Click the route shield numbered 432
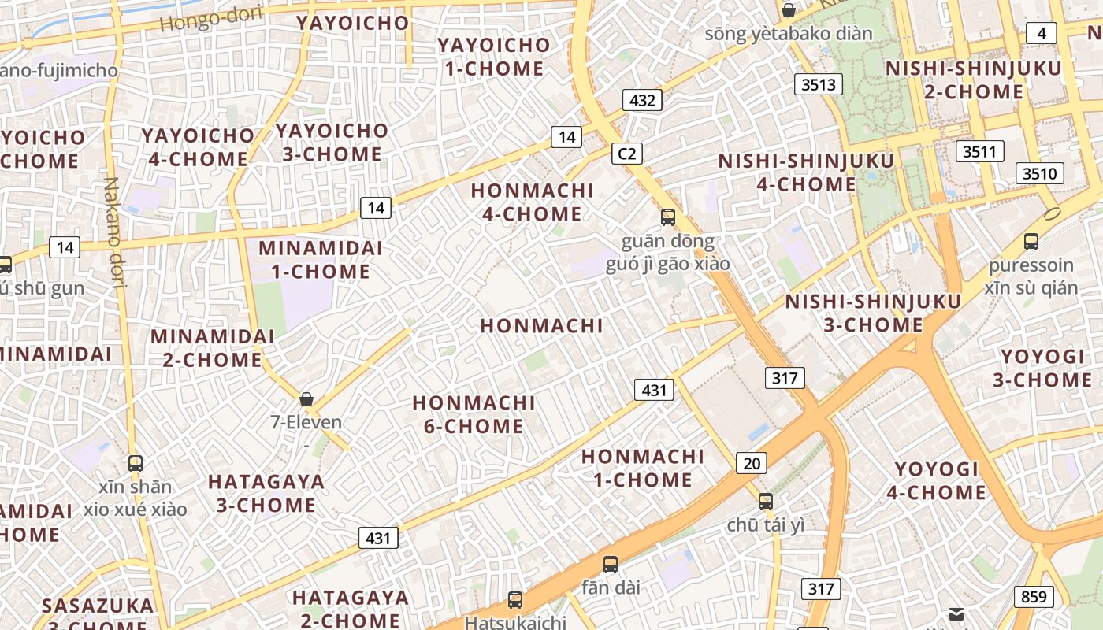click(642, 100)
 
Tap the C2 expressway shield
click(627, 154)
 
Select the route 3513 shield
click(819, 84)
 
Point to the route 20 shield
click(752, 463)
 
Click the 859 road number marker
click(1033, 596)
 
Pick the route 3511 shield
click(979, 151)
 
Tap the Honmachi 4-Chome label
click(532, 202)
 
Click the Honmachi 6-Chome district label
click(474, 414)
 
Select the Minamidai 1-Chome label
click(321, 260)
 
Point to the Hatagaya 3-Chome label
click(266, 493)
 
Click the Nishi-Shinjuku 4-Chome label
click(806, 172)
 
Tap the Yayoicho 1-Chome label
click(493, 57)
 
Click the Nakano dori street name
click(115, 232)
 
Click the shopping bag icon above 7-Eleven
click(306, 399)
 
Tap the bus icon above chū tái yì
click(766, 501)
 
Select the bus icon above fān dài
click(611, 564)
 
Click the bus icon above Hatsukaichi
click(515, 600)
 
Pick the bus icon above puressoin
click(1031, 242)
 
